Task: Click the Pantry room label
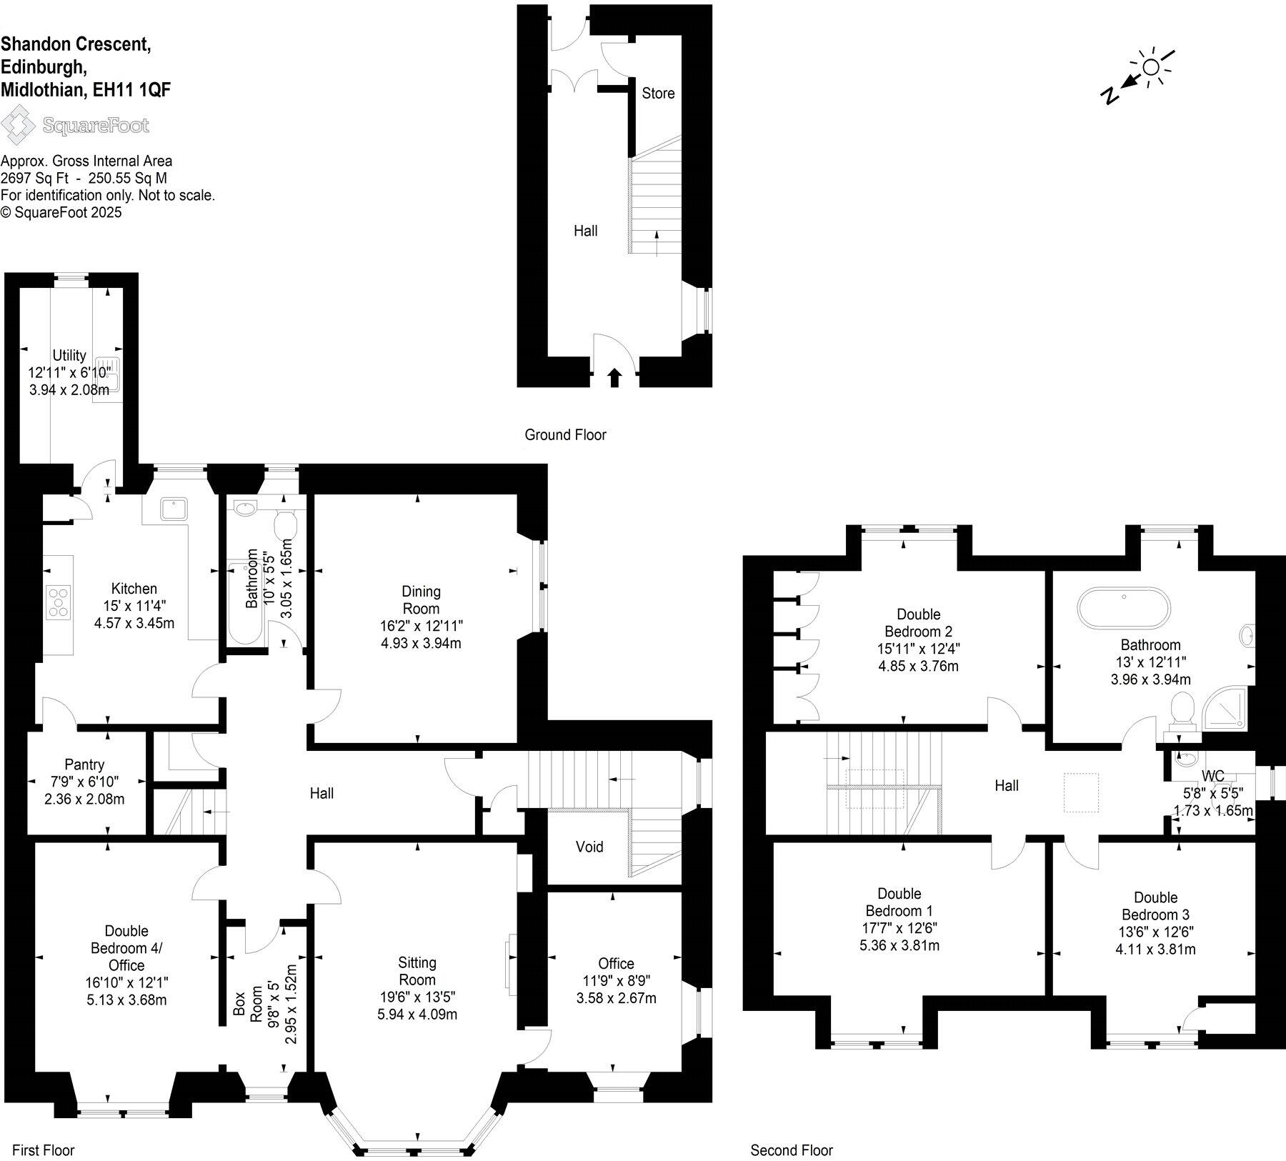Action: coord(84,764)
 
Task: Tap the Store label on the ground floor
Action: coord(658,94)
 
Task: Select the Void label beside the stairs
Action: coord(589,847)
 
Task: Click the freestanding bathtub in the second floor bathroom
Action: coord(1124,607)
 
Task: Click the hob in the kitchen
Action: coord(59,602)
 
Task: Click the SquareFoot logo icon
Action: coord(18,125)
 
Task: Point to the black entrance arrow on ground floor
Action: coord(614,377)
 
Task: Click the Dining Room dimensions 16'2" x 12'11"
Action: coord(421,626)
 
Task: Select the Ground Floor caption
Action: coord(565,434)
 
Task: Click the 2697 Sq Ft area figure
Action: coord(34,178)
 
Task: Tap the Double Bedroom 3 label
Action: coord(1155,906)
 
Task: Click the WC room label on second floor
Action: coord(1212,776)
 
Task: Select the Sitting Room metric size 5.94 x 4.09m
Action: coord(417,1015)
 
